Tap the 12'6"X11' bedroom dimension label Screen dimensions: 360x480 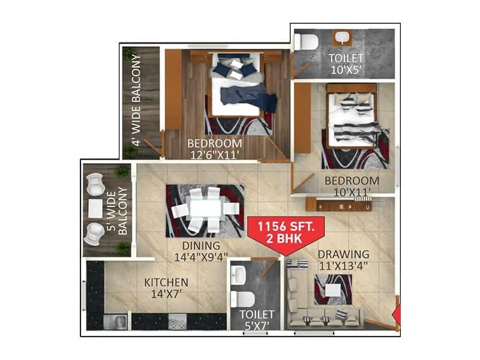214,154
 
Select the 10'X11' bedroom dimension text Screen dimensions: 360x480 352,191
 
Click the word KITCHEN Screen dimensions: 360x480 166,282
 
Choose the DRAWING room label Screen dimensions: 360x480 343,254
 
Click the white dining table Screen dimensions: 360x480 205,209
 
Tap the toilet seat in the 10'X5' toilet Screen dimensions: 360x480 307,43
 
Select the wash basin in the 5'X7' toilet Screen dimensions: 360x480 239,275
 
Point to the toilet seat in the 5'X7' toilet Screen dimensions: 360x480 242,299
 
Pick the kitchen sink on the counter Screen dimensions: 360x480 116,322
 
